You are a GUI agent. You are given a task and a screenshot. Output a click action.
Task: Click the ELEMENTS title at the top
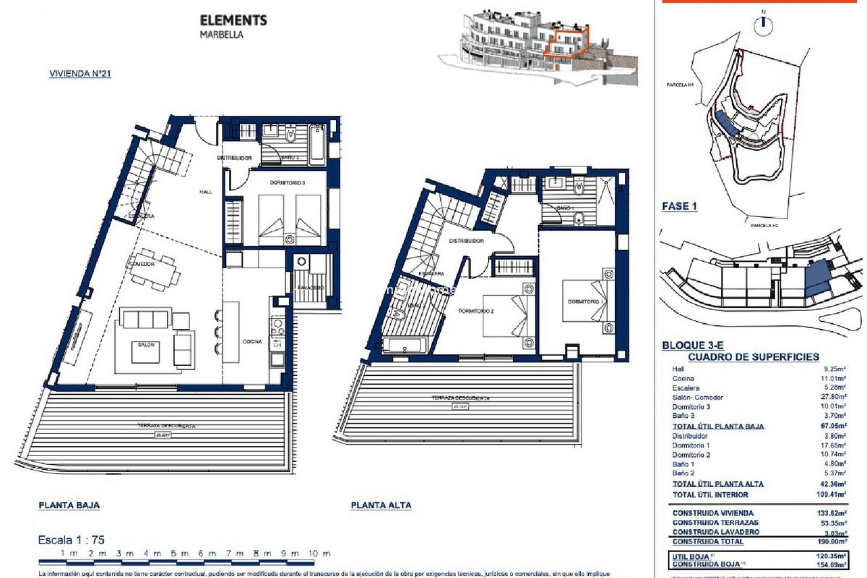(x=233, y=20)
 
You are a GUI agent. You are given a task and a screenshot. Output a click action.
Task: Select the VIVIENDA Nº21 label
(x=80, y=74)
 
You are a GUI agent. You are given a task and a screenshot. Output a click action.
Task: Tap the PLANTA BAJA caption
(x=69, y=505)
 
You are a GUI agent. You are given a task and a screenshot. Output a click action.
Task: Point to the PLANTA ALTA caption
(x=381, y=505)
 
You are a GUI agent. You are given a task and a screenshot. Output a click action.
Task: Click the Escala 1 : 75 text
(x=71, y=540)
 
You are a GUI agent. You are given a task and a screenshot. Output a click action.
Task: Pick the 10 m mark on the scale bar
(x=319, y=553)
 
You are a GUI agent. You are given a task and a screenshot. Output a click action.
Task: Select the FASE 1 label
(x=679, y=206)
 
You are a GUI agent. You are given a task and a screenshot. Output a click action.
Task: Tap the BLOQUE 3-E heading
(x=692, y=345)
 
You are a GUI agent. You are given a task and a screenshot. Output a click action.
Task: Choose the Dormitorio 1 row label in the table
(x=690, y=445)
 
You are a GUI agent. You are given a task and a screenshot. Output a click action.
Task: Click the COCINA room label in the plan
(x=252, y=341)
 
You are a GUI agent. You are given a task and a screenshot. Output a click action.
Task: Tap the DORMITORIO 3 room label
(x=287, y=183)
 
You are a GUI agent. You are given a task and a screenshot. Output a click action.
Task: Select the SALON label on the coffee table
(x=146, y=345)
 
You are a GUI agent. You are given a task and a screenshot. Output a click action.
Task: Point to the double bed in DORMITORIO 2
(x=503, y=315)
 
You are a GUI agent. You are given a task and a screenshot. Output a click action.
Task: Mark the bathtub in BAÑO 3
(x=317, y=144)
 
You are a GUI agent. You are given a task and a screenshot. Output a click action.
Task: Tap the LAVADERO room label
(x=312, y=288)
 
